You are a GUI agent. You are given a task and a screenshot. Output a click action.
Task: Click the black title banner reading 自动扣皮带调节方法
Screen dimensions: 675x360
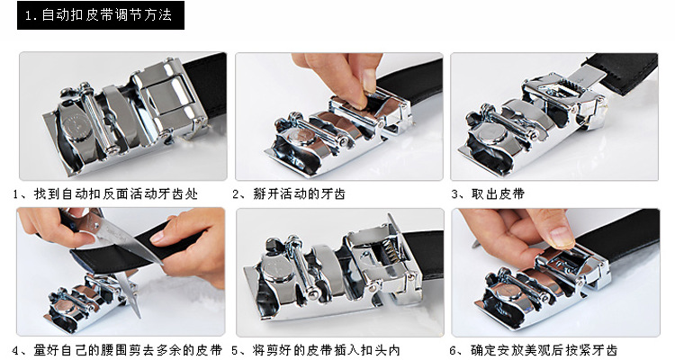click(x=101, y=15)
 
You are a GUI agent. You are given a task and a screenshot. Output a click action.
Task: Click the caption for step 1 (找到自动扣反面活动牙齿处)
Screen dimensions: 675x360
click(x=105, y=194)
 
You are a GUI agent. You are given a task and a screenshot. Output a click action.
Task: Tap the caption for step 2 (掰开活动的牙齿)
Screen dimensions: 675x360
click(x=289, y=194)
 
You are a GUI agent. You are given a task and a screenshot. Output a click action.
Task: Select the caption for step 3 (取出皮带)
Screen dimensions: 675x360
click(x=488, y=194)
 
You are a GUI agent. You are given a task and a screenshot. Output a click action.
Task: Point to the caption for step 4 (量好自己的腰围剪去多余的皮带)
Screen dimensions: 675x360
click(x=117, y=350)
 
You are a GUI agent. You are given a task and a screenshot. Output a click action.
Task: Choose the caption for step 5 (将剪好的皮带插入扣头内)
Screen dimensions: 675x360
click(x=316, y=350)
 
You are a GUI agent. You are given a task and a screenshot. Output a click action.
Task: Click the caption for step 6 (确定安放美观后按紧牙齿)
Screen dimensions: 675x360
click(x=534, y=350)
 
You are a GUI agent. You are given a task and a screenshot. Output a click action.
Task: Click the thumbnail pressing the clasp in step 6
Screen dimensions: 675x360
click(x=562, y=237)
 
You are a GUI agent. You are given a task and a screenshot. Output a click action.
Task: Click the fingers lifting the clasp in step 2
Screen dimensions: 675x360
click(x=345, y=77)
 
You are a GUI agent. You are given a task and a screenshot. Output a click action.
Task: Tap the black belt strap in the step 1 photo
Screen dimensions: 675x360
click(x=208, y=86)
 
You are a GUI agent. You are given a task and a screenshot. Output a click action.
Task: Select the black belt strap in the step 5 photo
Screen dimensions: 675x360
click(x=424, y=254)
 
